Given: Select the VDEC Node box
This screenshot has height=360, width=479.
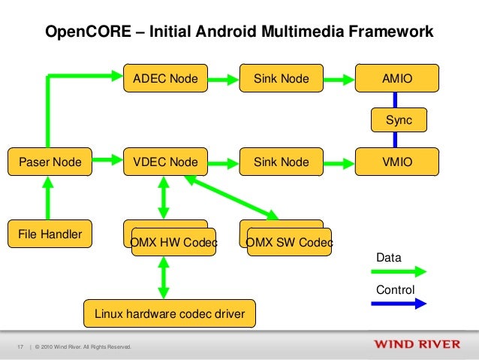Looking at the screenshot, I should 165,162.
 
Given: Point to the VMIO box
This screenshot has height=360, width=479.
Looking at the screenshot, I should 397,162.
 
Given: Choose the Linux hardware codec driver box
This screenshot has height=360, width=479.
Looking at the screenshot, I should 170,313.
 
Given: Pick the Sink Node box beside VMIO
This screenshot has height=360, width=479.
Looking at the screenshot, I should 281,162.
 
